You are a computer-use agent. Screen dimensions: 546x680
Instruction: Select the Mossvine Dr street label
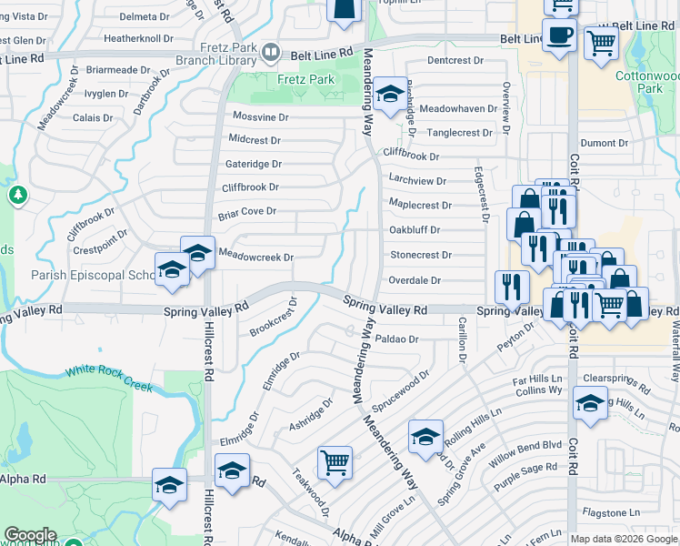click(x=260, y=117)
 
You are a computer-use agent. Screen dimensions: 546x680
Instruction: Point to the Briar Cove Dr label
click(x=246, y=211)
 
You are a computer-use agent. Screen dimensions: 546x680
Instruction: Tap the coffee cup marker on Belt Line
click(x=561, y=35)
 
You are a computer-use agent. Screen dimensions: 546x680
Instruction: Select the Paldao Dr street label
click(x=395, y=339)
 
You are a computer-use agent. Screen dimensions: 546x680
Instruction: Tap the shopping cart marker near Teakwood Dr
click(x=335, y=461)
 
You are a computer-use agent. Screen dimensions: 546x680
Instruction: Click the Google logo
click(x=30, y=535)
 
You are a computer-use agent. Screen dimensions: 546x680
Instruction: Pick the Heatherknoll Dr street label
click(x=138, y=39)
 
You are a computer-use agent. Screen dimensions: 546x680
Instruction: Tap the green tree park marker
click(x=17, y=195)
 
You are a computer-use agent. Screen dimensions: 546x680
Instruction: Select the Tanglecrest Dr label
click(x=459, y=133)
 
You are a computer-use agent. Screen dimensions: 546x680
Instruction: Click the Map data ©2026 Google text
click(x=623, y=539)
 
